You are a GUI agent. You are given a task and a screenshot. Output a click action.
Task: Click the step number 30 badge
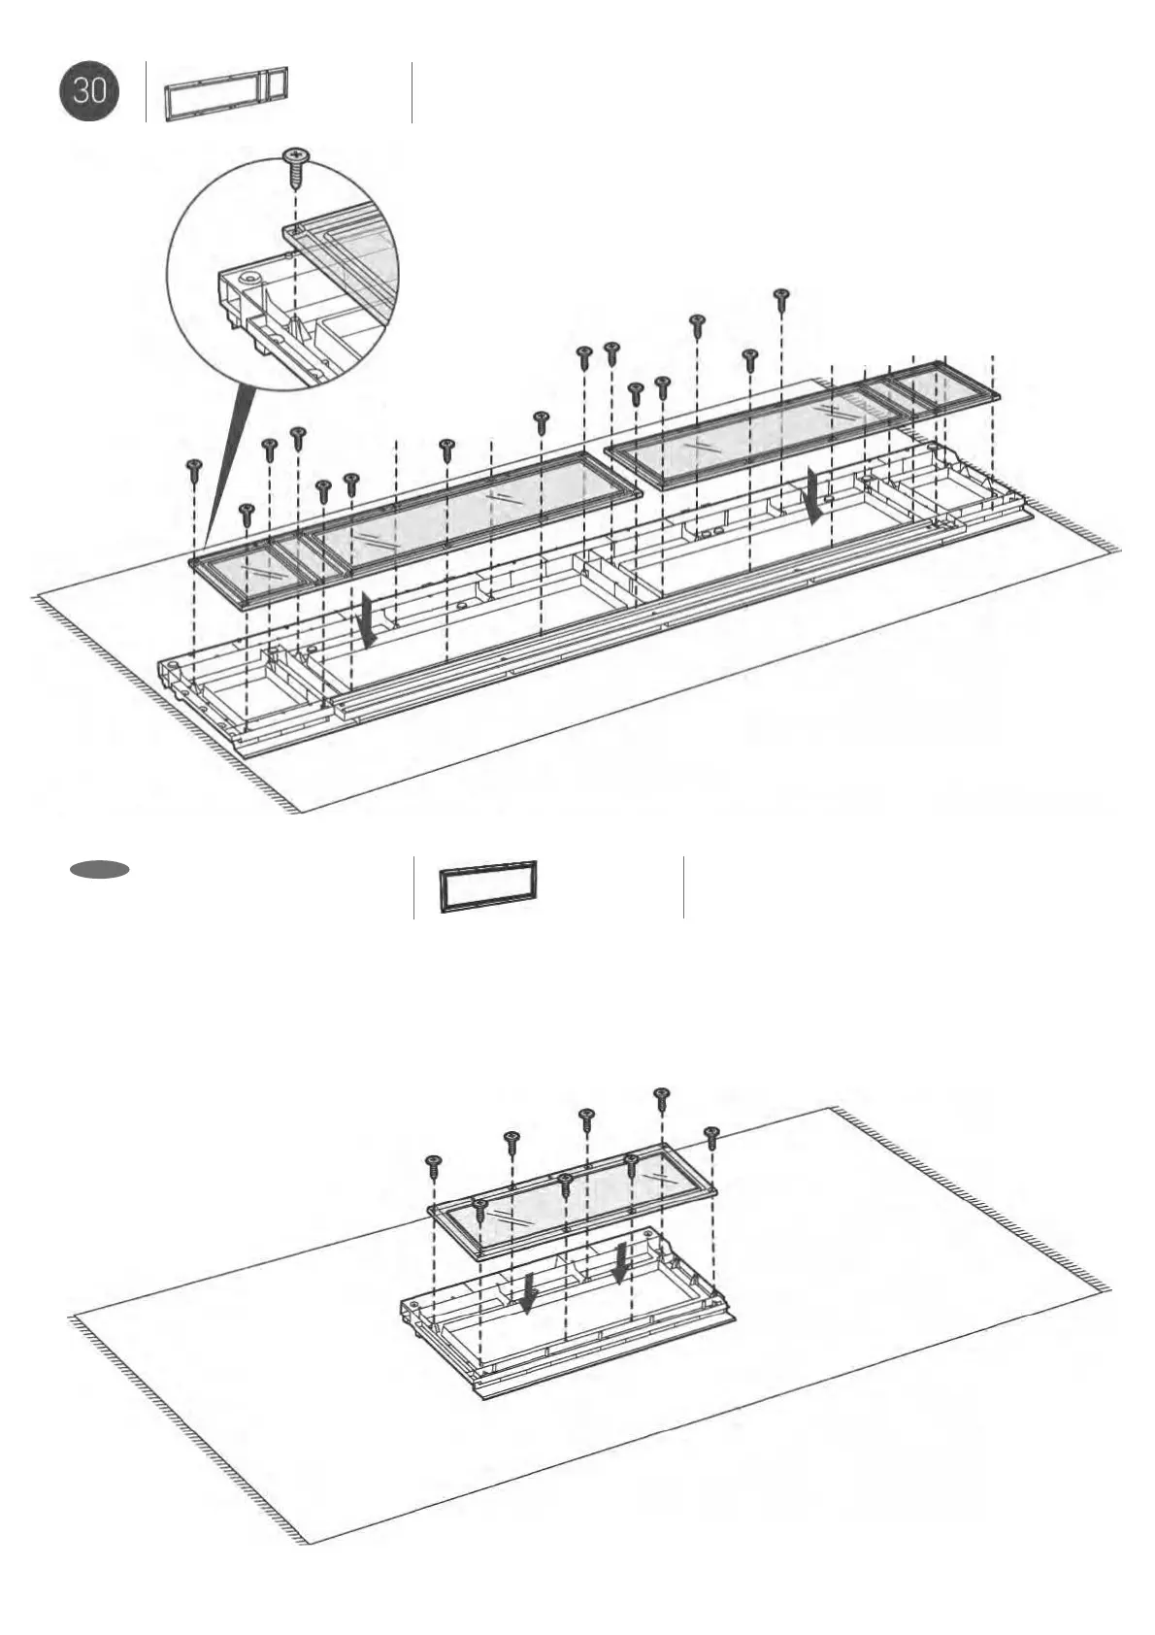pyautogui.click(x=89, y=91)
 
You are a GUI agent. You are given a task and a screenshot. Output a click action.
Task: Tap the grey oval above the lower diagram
pyautogui.click(x=99, y=869)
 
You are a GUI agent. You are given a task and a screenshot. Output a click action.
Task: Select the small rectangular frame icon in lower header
pyautogui.click(x=487, y=885)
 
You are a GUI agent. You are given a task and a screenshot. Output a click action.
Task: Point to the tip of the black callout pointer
pyautogui.click(x=206, y=551)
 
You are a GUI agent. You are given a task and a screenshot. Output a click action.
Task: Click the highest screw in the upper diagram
pyautogui.click(x=781, y=296)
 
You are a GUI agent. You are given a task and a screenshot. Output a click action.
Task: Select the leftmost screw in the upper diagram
pyautogui.click(x=194, y=469)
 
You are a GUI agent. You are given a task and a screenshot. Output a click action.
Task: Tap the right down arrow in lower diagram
pyautogui.click(x=621, y=1262)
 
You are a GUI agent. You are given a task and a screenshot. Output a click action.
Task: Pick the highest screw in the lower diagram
pyautogui.click(x=662, y=1097)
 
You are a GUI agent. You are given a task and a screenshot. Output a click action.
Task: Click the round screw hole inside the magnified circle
pyautogui.click(x=251, y=278)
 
